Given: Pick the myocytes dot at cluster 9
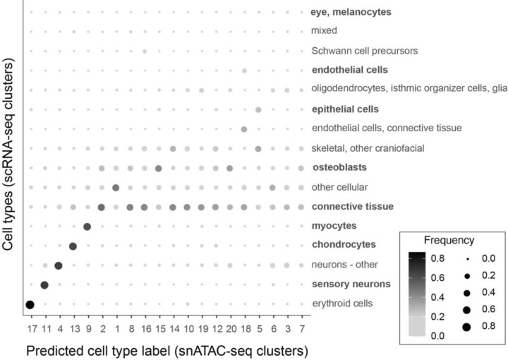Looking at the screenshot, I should [x=87, y=227].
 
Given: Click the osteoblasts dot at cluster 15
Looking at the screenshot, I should [x=158, y=168].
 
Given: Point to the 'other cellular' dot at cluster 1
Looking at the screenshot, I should [x=116, y=187].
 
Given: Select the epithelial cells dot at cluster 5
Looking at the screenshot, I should [x=258, y=109].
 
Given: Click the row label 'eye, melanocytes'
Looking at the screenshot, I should [x=351, y=12].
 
